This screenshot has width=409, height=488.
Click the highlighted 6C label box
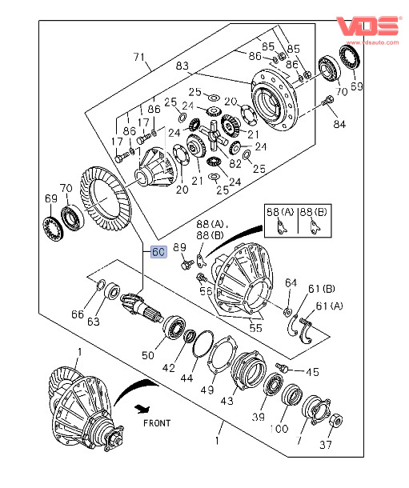coord(158,252)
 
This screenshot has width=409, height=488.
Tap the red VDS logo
coord(368,26)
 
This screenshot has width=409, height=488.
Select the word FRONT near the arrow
coord(157,423)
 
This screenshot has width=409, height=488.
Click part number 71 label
coord(138,57)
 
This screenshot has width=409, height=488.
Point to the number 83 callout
coord(182,66)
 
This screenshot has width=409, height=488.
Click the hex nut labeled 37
coord(336,421)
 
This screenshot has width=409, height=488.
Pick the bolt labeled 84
coord(327,101)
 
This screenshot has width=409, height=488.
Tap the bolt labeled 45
coord(283,366)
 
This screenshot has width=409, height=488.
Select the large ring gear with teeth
coord(106,198)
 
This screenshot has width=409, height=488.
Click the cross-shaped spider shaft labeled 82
coord(214,136)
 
